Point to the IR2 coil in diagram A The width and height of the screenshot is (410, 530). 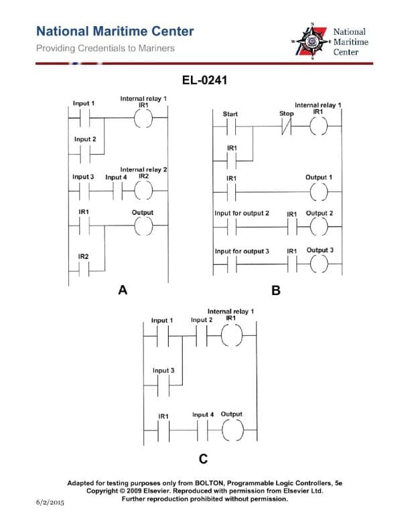tap(143, 191)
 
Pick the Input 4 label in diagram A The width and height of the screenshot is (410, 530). tap(116, 177)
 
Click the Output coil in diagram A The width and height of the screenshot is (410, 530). tap(143, 228)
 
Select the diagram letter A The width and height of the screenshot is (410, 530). tap(122, 290)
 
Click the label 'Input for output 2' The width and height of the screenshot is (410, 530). tap(242, 213)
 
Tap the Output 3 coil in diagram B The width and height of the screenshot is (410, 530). tap(319, 266)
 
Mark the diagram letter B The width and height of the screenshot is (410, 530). tap(275, 291)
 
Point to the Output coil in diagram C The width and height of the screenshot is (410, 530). tap(232, 432)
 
